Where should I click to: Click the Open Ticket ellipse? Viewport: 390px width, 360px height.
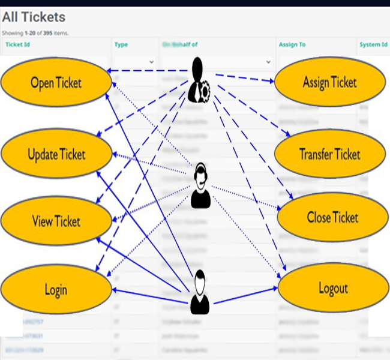tap(56, 83)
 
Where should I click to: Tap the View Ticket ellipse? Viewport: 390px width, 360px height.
tap(56, 221)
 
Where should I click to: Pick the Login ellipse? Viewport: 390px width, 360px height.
tap(56, 290)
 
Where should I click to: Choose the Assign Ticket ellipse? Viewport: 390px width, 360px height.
tap(329, 82)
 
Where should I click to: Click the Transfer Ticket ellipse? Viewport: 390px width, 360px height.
tap(329, 154)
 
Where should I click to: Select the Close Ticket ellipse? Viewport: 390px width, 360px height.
tap(332, 217)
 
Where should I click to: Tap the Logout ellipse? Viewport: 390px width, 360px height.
tap(333, 289)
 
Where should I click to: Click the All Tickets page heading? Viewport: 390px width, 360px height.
tap(34, 17)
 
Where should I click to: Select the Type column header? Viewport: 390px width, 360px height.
tap(121, 44)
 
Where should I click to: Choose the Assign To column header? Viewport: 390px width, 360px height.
tap(292, 44)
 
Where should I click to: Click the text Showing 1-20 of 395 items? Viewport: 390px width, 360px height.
tap(35, 33)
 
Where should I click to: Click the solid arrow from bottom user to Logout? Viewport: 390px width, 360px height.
tap(246, 295)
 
